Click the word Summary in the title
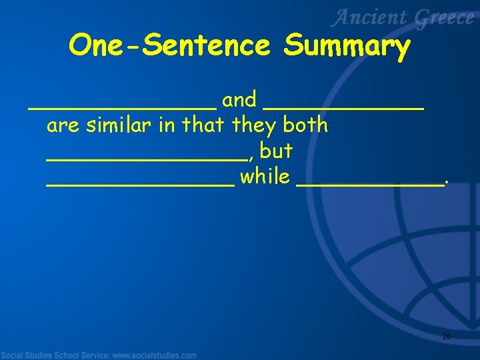(x=346, y=47)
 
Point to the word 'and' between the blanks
(x=239, y=100)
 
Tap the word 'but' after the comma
(x=276, y=151)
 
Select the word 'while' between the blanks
(x=265, y=177)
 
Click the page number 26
(x=447, y=337)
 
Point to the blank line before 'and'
(x=122, y=107)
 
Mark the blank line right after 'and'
(x=344, y=107)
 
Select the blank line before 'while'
(x=140, y=185)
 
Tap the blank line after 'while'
(x=369, y=185)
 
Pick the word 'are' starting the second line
(x=63, y=126)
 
